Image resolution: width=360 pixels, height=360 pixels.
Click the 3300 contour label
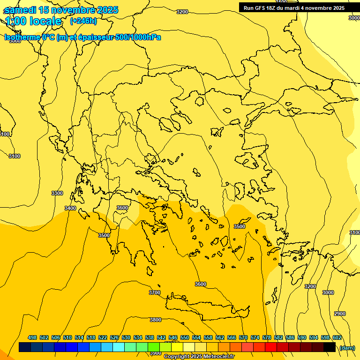[x=57, y=193]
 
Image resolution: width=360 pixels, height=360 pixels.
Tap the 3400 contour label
[x=70, y=208]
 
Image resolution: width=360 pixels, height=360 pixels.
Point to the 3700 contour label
[x=155, y=292]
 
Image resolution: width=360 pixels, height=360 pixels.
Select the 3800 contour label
[x=156, y=320]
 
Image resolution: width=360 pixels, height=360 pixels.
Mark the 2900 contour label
[x=340, y=314]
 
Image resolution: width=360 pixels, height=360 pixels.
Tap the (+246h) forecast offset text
[x=83, y=21]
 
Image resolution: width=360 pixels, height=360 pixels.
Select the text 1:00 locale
[x=33, y=21]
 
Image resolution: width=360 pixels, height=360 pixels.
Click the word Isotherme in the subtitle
[x=22, y=37]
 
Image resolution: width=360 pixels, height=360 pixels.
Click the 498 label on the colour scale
[x=32, y=337]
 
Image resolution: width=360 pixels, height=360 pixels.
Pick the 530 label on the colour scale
[x=126, y=337]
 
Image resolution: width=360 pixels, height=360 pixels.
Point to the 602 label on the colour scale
[x=337, y=337]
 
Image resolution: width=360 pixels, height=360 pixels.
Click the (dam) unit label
[x=347, y=348]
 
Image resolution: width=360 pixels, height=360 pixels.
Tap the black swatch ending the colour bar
[x=330, y=347]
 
